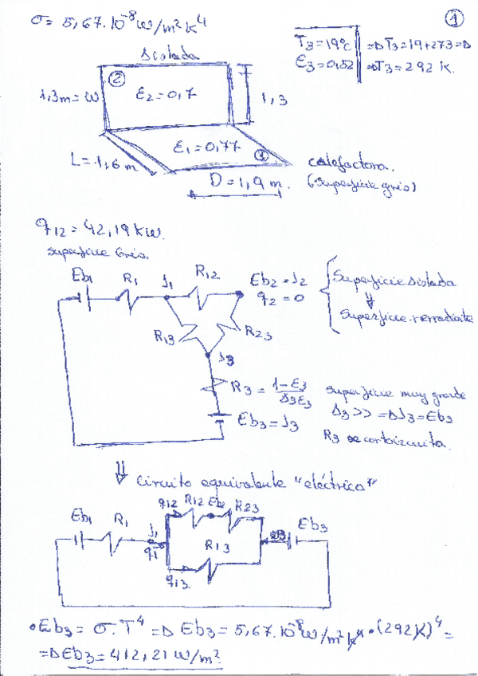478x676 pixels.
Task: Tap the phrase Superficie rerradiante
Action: coord(406,317)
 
